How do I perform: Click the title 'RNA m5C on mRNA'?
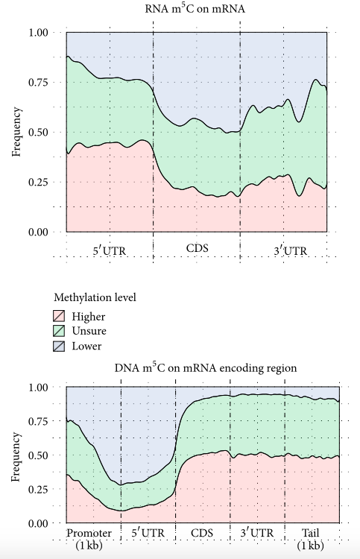point(197,10)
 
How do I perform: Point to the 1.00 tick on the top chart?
point(37,33)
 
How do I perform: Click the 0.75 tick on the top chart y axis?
point(37,83)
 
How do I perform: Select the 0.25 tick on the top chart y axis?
point(37,182)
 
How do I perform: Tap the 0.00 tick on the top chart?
point(37,232)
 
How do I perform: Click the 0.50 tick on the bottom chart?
point(37,455)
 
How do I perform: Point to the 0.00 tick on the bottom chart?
point(37,523)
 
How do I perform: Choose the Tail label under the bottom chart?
point(312,534)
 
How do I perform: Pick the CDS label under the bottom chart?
point(202,534)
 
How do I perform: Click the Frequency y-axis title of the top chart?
point(16,133)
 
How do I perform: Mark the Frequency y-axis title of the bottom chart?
point(16,455)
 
